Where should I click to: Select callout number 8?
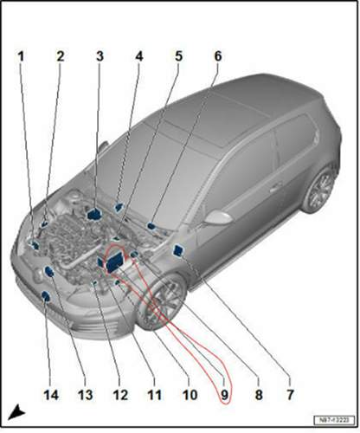point(257,395)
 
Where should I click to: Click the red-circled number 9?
point(223,395)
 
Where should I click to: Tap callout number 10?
point(188,395)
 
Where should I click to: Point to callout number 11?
point(153,395)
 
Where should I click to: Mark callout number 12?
point(119,395)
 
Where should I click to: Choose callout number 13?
point(84,395)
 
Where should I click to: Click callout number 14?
point(49,395)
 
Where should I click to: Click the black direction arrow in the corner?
point(17,410)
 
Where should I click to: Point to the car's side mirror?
point(215,216)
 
